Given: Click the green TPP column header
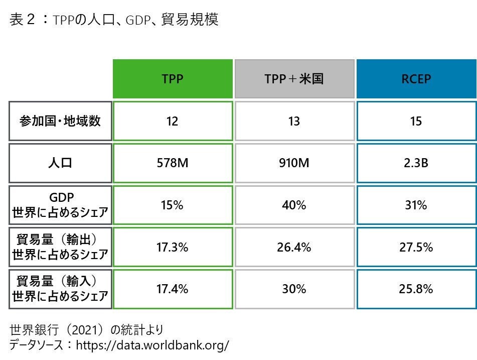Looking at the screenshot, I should point(172,79).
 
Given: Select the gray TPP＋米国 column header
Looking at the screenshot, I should point(294,79).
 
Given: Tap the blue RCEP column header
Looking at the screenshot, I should point(416,79).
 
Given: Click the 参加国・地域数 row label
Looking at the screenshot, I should point(60,122).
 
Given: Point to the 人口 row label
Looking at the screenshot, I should point(60,163).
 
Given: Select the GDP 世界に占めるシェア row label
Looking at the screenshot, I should point(60,205).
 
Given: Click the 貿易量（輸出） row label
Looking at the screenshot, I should point(60,248).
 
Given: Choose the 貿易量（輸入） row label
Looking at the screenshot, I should point(60,289).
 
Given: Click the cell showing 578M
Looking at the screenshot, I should point(172,163).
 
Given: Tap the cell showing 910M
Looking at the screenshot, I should point(294,163).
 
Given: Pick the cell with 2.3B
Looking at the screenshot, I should point(416,163).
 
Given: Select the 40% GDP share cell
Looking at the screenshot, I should point(294,205).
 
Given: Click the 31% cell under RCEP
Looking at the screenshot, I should point(416,205).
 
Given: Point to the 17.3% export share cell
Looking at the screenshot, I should point(172,248).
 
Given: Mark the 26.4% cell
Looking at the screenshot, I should point(294,248).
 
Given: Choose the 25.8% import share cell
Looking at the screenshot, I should point(416,289).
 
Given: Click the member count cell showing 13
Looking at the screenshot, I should point(294,122).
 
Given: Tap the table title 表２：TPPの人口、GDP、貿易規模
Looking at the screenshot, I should point(114,21).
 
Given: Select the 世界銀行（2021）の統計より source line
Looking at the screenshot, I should point(86,330).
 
